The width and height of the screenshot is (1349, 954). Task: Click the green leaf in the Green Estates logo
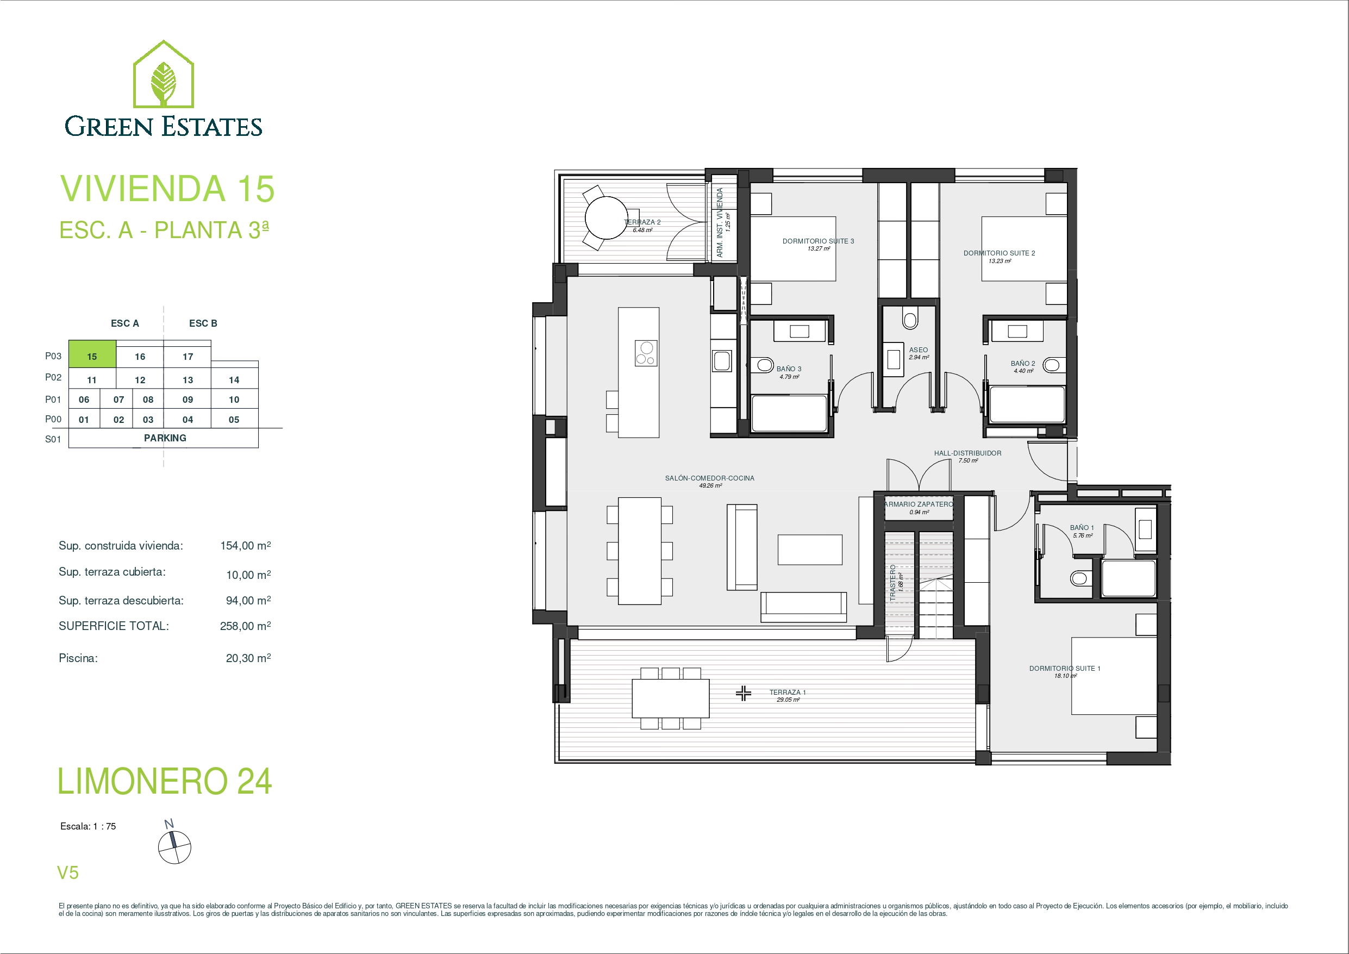click(164, 82)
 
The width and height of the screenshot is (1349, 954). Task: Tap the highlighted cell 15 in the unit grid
click(92, 354)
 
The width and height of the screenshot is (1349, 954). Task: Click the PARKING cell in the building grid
click(165, 438)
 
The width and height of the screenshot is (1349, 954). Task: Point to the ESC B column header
click(203, 323)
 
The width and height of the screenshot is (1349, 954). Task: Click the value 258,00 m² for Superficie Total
click(246, 626)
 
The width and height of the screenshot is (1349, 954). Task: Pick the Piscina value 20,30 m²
click(248, 658)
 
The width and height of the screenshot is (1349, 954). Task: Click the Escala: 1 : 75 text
click(88, 826)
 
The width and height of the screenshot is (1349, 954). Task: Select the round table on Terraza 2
click(607, 217)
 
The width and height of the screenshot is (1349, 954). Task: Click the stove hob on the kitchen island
click(646, 353)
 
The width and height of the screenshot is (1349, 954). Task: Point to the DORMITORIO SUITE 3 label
click(818, 241)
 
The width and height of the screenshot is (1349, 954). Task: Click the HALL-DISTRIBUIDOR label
click(967, 453)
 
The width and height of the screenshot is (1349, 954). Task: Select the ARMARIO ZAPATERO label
click(919, 504)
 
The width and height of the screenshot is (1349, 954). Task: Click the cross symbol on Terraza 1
click(743, 694)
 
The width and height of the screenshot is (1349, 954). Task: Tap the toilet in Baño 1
click(1079, 578)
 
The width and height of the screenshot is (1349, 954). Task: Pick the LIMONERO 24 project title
click(165, 781)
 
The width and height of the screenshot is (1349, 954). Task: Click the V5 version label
click(67, 873)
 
